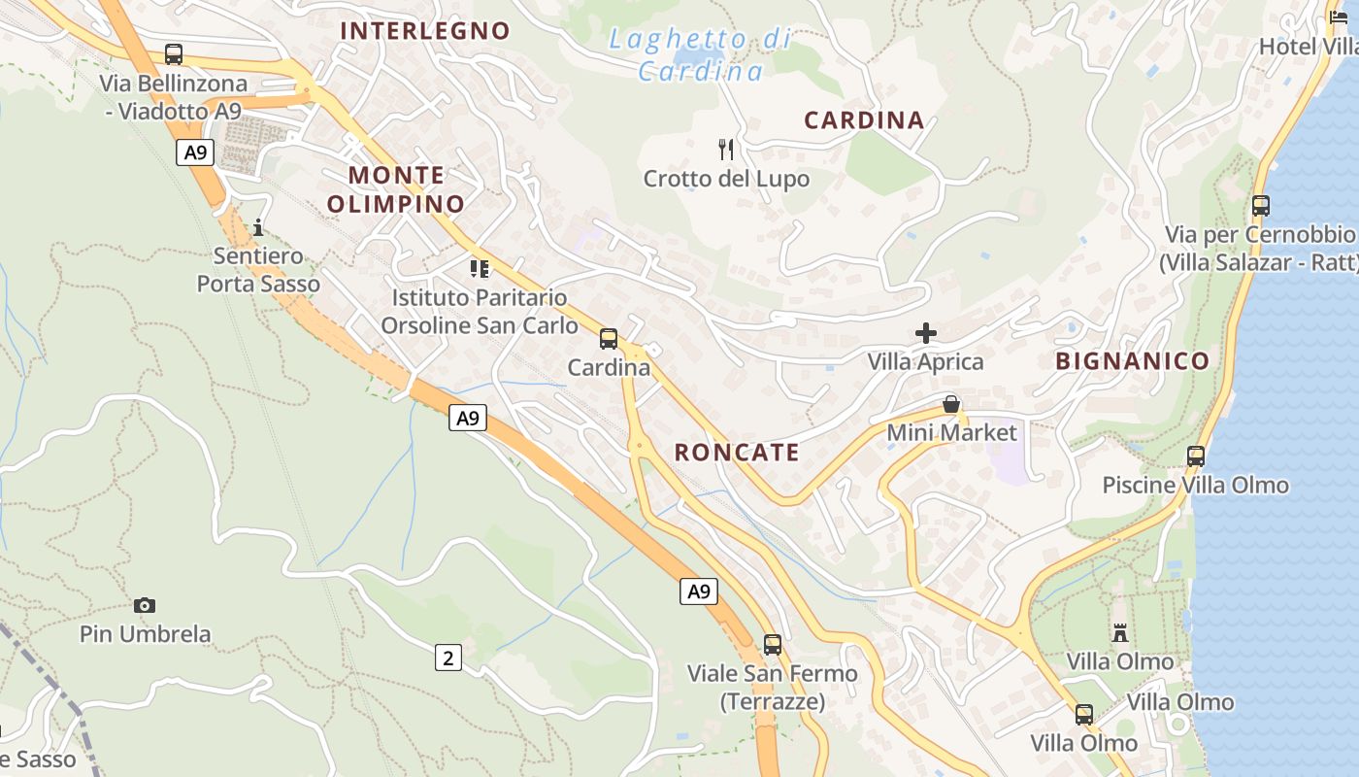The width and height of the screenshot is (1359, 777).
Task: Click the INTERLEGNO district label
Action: (x=425, y=31)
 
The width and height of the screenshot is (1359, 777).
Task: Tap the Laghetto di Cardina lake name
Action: (x=701, y=54)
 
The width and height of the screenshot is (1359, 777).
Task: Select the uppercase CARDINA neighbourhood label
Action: (x=864, y=120)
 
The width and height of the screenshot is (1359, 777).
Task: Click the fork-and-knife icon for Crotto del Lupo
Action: (x=726, y=149)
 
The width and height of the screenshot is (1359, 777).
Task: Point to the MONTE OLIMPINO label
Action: (x=396, y=189)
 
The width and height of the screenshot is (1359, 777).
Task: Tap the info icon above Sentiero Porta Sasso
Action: (x=258, y=228)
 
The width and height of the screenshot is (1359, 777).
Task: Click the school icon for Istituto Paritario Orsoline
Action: (x=479, y=268)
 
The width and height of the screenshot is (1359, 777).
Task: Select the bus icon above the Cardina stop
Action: (x=609, y=339)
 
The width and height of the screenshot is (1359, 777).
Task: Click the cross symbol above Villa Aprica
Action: (x=926, y=333)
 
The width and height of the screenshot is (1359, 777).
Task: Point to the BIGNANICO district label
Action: (x=1133, y=361)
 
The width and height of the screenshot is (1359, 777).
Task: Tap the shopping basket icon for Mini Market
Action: (x=951, y=404)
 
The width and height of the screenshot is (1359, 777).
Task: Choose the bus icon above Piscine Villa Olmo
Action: (x=1196, y=456)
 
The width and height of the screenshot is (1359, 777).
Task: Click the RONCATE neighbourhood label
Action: (x=737, y=452)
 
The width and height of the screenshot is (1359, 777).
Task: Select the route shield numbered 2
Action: (x=447, y=658)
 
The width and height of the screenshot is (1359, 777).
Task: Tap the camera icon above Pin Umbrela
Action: (x=145, y=605)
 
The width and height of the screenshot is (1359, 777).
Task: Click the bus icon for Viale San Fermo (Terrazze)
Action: (x=773, y=644)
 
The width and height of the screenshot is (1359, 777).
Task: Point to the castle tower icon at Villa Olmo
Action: (x=1120, y=633)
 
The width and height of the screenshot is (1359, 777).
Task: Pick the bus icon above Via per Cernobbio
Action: (x=1261, y=206)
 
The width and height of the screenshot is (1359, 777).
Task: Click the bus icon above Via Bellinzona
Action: (x=174, y=54)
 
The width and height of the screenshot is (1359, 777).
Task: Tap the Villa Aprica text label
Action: (x=925, y=362)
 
